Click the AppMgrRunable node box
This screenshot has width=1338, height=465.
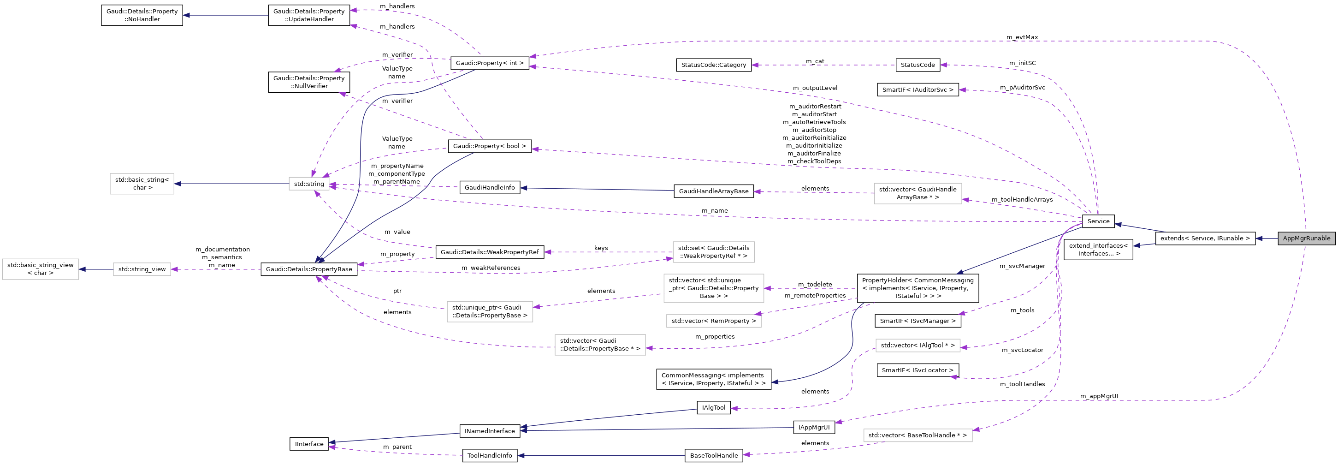[1306, 238]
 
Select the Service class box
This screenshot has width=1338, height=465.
[1098, 221]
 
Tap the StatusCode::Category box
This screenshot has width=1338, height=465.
[713, 65]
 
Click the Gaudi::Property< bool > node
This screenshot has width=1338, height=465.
[489, 146]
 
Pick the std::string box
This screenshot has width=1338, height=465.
[308, 184]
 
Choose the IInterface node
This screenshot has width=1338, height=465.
[309, 444]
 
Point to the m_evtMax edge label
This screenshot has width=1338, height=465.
[1022, 37]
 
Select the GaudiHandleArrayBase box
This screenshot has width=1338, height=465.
[713, 191]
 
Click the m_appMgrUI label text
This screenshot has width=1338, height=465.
[1099, 396]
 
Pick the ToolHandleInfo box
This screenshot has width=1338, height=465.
[489, 456]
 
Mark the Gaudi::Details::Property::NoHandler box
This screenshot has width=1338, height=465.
[142, 15]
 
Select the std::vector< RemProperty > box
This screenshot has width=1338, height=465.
[713, 321]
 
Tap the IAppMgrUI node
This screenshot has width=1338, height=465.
[813, 427]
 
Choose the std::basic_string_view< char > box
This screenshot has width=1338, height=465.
[41, 269]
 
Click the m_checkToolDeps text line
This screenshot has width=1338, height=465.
[814, 161]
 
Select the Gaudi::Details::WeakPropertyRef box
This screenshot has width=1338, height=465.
[489, 252]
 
